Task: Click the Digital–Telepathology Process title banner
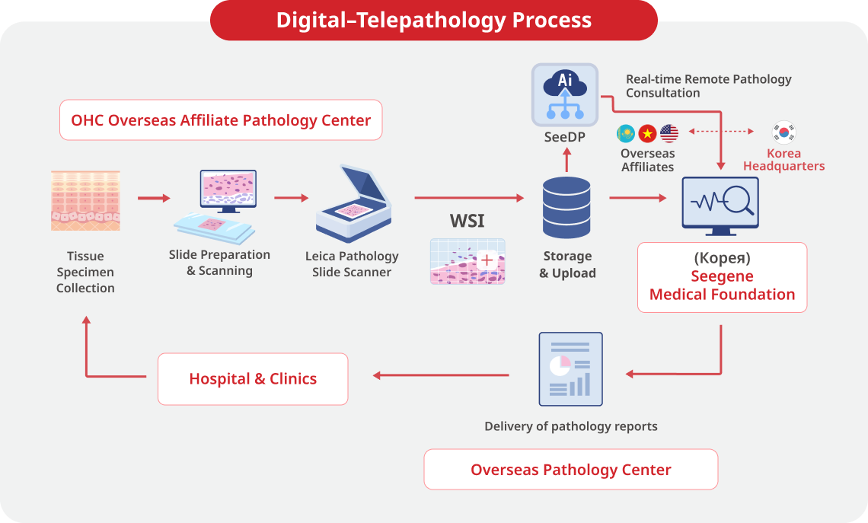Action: click(433, 20)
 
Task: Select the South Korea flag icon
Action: click(783, 132)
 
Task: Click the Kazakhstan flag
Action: click(626, 134)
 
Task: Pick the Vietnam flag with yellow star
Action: click(647, 134)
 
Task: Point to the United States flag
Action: click(669, 134)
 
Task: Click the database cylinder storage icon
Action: click(566, 207)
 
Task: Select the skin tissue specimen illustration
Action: click(85, 200)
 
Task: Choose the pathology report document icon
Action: click(570, 369)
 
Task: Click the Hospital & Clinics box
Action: click(253, 378)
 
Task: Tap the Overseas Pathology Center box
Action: click(570, 469)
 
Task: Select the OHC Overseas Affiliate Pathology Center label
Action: click(221, 120)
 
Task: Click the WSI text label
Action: click(467, 222)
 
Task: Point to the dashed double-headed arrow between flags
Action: click(720, 132)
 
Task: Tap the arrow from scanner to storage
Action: click(469, 198)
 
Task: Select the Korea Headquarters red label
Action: click(783, 160)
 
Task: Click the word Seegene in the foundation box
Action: click(721, 277)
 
